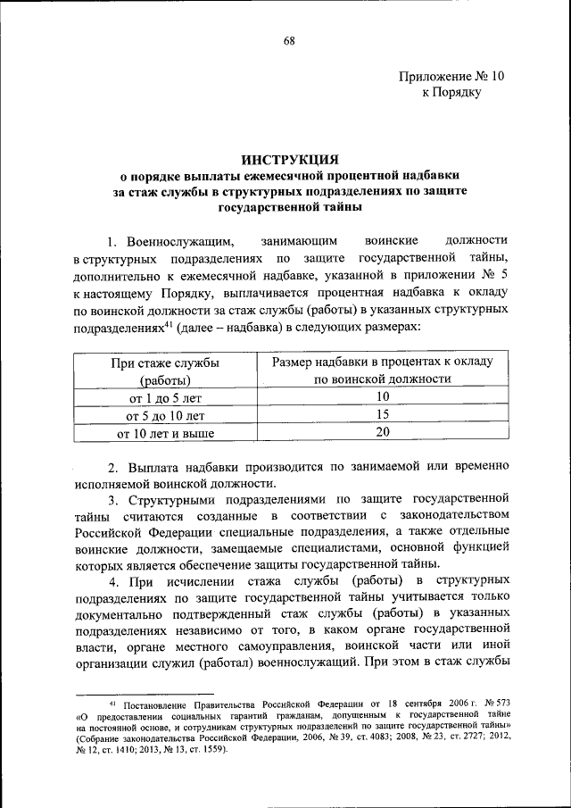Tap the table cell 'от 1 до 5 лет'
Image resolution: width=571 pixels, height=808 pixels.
pyautogui.click(x=166, y=396)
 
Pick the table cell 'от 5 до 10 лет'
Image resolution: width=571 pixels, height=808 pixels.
pyautogui.click(x=166, y=414)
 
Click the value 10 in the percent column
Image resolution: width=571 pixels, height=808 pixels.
pyautogui.click(x=383, y=396)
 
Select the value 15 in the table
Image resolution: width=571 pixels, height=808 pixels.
pyautogui.click(x=383, y=414)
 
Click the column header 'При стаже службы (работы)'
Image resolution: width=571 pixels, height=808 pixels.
pyautogui.click(x=166, y=370)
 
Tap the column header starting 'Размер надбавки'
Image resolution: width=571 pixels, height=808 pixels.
pyautogui.click(x=383, y=370)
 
